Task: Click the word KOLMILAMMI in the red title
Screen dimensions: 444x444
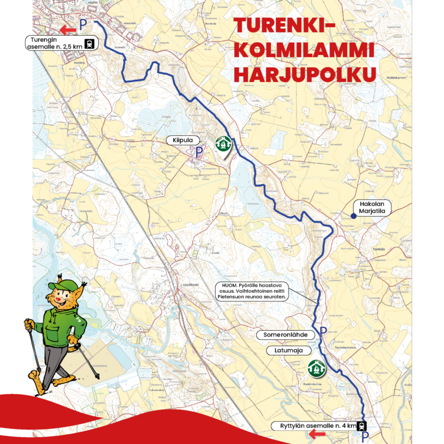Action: click(302, 50)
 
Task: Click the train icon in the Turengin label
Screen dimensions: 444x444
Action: click(90, 43)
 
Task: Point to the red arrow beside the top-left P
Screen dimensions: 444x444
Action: click(69, 28)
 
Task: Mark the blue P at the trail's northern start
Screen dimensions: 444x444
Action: click(83, 24)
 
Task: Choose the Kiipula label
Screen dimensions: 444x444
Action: click(183, 140)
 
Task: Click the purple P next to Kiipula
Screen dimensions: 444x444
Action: click(198, 153)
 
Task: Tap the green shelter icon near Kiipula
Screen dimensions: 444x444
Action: click(223, 143)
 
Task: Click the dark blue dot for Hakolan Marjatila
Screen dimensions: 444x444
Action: click(353, 216)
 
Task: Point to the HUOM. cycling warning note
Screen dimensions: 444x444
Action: click(252, 291)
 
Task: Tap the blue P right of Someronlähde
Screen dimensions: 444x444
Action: click(323, 332)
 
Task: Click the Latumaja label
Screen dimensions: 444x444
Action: click(285, 350)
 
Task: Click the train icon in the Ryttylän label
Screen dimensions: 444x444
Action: click(361, 427)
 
